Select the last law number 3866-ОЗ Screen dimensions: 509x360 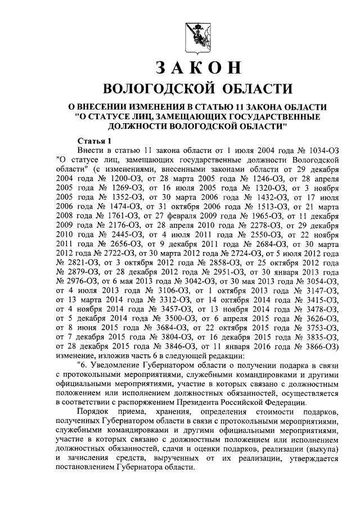(322, 343)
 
